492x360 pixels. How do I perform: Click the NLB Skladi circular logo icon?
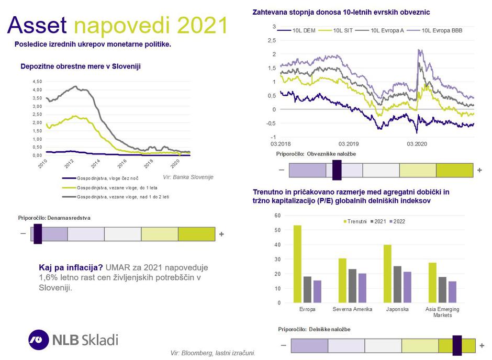point(39,339)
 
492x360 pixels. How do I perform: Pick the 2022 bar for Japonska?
point(407,287)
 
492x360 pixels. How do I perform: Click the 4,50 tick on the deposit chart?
point(37,82)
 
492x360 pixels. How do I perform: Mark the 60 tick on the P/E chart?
point(277,216)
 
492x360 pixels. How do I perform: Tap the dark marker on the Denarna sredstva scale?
point(38,234)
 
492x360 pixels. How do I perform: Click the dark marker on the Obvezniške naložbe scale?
point(337,170)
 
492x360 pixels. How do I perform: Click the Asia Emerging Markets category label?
point(442,312)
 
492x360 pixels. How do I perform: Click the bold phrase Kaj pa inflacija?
point(71,266)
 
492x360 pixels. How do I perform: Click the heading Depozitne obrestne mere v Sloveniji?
point(80,66)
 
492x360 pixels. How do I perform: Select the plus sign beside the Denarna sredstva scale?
point(221,234)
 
